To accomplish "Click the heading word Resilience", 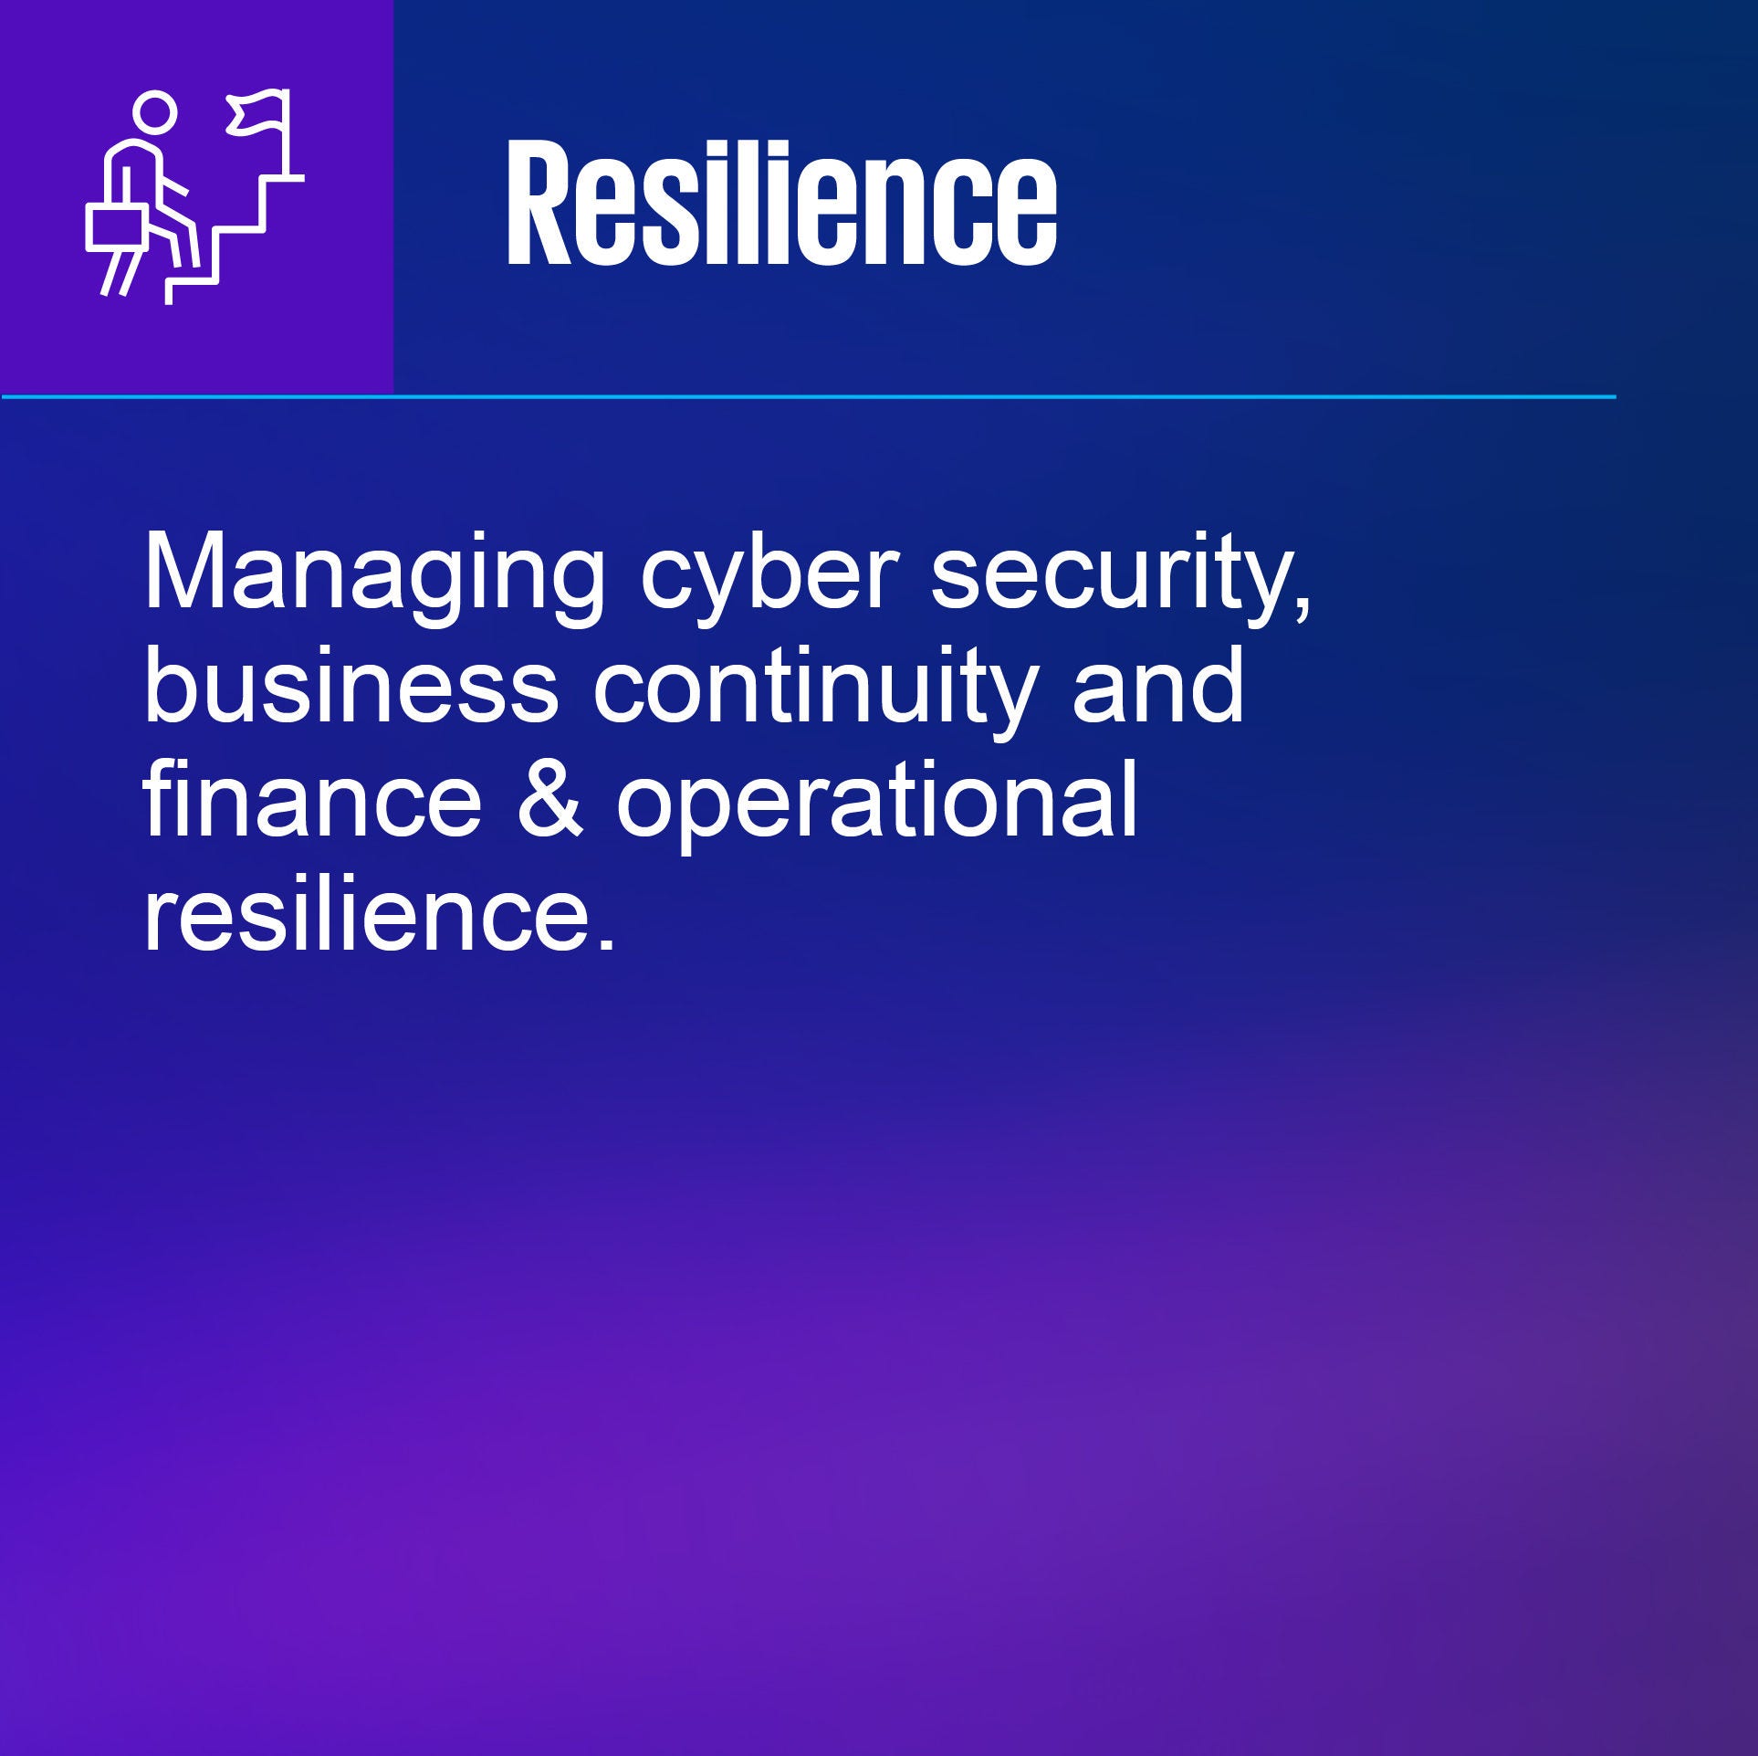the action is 781,204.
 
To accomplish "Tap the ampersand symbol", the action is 549,804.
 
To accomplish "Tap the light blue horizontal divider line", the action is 809,396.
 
